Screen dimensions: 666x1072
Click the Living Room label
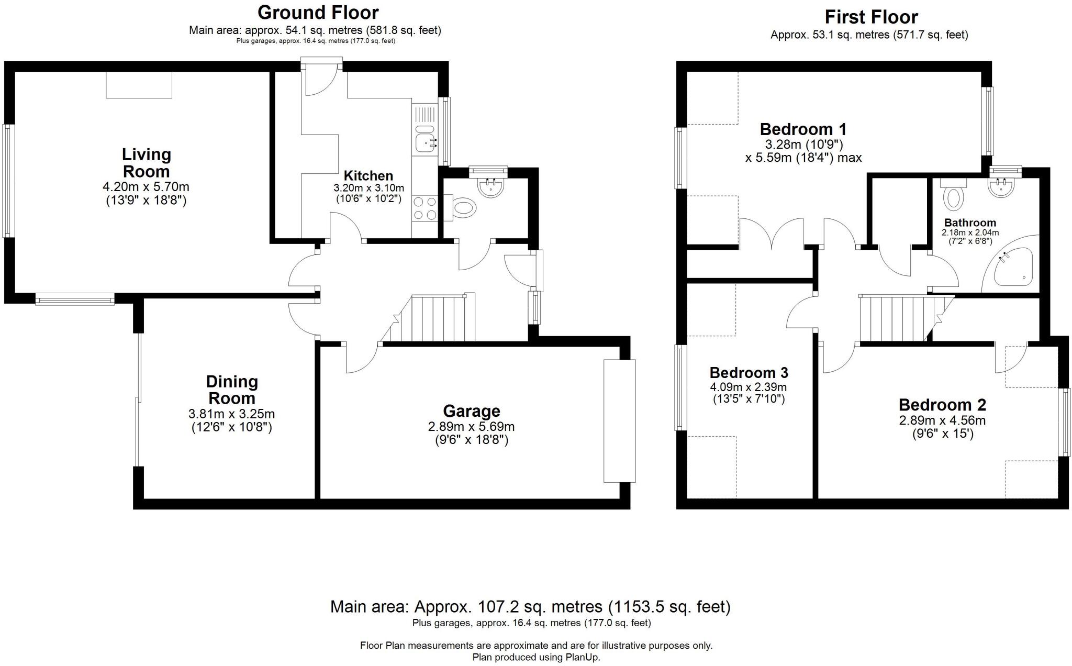[146, 163]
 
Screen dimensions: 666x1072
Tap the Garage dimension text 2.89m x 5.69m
[471, 427]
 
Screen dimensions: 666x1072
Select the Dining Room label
[231, 390]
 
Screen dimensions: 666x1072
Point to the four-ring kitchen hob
[425, 207]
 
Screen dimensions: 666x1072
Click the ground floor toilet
[463, 208]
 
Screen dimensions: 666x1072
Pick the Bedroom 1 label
[803, 129]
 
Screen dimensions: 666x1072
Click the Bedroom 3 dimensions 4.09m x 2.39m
[748, 387]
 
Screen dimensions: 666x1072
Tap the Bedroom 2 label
[942, 405]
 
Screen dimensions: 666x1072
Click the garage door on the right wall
[619, 420]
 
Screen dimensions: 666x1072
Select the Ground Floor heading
[318, 12]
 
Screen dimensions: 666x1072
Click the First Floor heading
[871, 17]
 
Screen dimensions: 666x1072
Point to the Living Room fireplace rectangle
[139, 85]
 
